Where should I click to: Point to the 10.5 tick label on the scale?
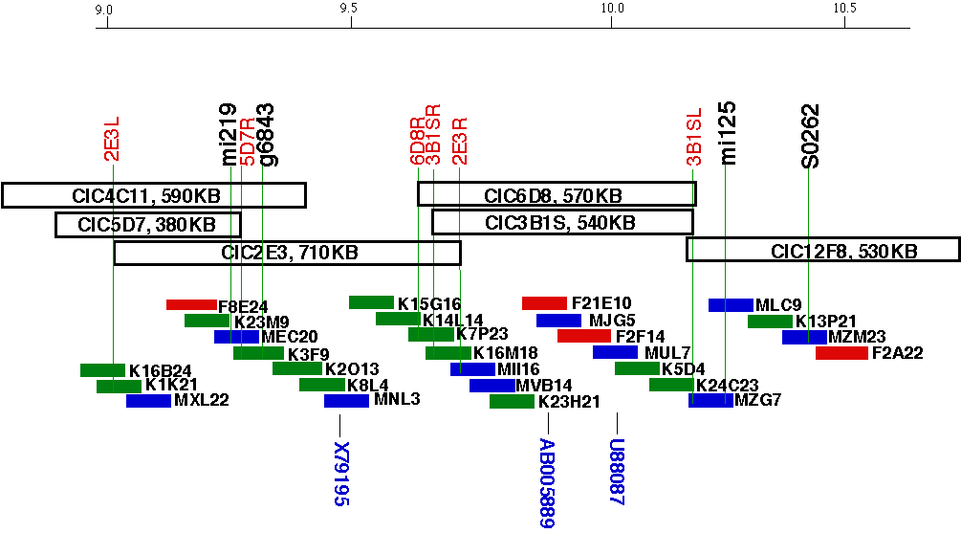pos(844,10)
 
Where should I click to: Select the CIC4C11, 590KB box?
pos(153,195)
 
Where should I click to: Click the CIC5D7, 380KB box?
pos(148,225)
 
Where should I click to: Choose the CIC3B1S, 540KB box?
pos(562,222)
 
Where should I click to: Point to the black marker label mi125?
pos(729,133)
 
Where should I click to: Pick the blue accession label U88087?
pos(617,472)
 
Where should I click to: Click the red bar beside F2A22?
pos(841,353)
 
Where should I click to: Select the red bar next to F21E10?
pos(544,303)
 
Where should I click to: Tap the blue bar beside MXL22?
pos(148,401)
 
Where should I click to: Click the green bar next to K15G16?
pos(371,302)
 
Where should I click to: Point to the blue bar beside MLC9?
pos(731,305)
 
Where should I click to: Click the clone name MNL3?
pos(397,400)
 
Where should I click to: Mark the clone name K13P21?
pos(825,322)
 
